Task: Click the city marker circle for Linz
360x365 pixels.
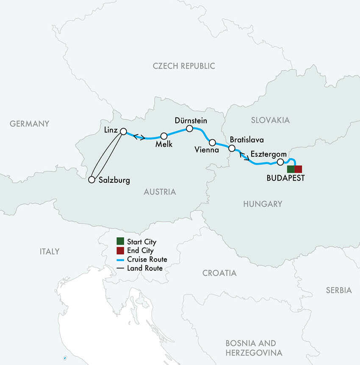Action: point(123,131)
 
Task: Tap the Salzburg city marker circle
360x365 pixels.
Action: point(91,180)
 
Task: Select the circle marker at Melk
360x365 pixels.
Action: point(164,136)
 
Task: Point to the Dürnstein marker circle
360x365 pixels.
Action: point(190,128)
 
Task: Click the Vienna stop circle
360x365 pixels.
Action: point(213,142)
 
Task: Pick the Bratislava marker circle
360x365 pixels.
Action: point(232,148)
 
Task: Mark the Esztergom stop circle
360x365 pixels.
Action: point(280,162)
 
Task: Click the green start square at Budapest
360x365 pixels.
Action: point(291,169)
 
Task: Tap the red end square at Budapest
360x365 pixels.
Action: point(298,169)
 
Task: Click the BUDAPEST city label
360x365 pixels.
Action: point(285,178)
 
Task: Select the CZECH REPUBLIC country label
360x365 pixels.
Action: point(184,66)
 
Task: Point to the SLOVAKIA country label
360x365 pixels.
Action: point(270,120)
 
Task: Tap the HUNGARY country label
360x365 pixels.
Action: point(263,204)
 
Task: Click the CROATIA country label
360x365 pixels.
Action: point(219,273)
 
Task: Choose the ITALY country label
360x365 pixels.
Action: point(50,251)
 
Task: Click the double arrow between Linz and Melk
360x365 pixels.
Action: point(139,137)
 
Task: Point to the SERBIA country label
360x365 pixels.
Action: point(339,290)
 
